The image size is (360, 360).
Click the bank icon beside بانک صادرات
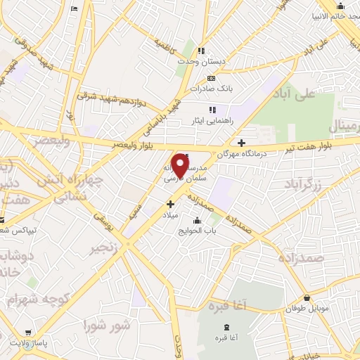pyautogui.click(x=212, y=77)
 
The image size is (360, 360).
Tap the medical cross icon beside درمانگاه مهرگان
pyautogui.click(x=241, y=141)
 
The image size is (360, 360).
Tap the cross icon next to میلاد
pyautogui.click(x=170, y=204)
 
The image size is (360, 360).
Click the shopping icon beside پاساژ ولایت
pyautogui.click(x=27, y=332)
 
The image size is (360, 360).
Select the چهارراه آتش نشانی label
pyautogui.click(x=78, y=189)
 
